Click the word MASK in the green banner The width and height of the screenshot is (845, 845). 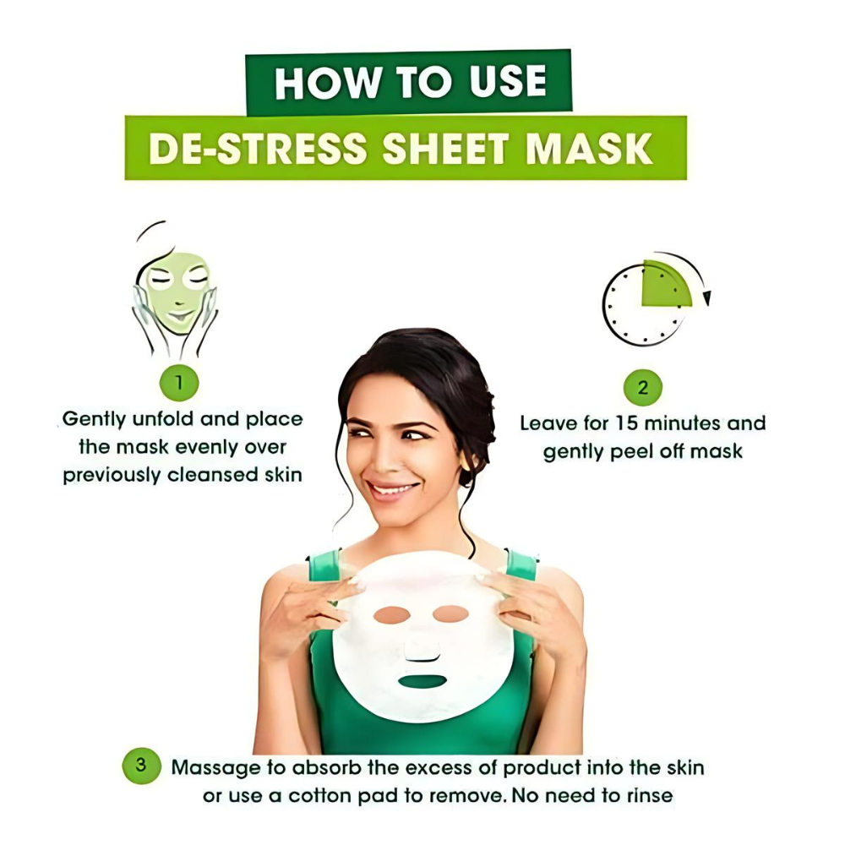click(x=590, y=148)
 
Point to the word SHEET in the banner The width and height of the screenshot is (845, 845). click(x=445, y=148)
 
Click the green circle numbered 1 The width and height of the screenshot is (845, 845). click(x=179, y=383)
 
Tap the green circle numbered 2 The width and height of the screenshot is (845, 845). click(x=642, y=388)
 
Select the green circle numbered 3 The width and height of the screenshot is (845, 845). click(x=141, y=766)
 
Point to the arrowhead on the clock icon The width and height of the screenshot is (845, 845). click(x=707, y=298)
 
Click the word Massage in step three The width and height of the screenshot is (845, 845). click(x=215, y=768)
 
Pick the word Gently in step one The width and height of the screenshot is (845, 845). click(x=95, y=420)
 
